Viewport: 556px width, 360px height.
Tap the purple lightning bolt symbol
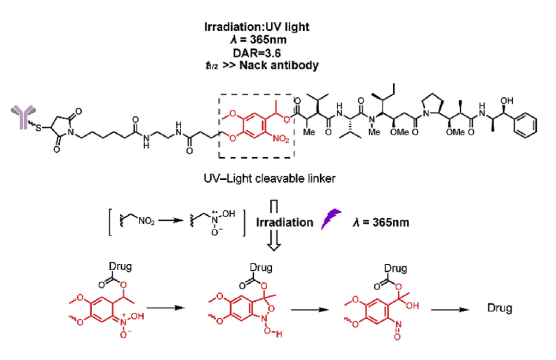[330, 222]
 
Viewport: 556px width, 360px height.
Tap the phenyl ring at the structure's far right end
[526, 126]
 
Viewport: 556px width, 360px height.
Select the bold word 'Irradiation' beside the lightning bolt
[284, 222]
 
